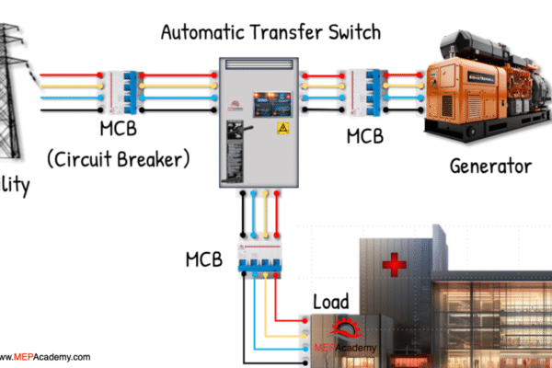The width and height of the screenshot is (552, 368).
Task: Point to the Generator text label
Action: [490, 167]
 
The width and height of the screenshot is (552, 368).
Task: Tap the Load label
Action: [332, 302]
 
